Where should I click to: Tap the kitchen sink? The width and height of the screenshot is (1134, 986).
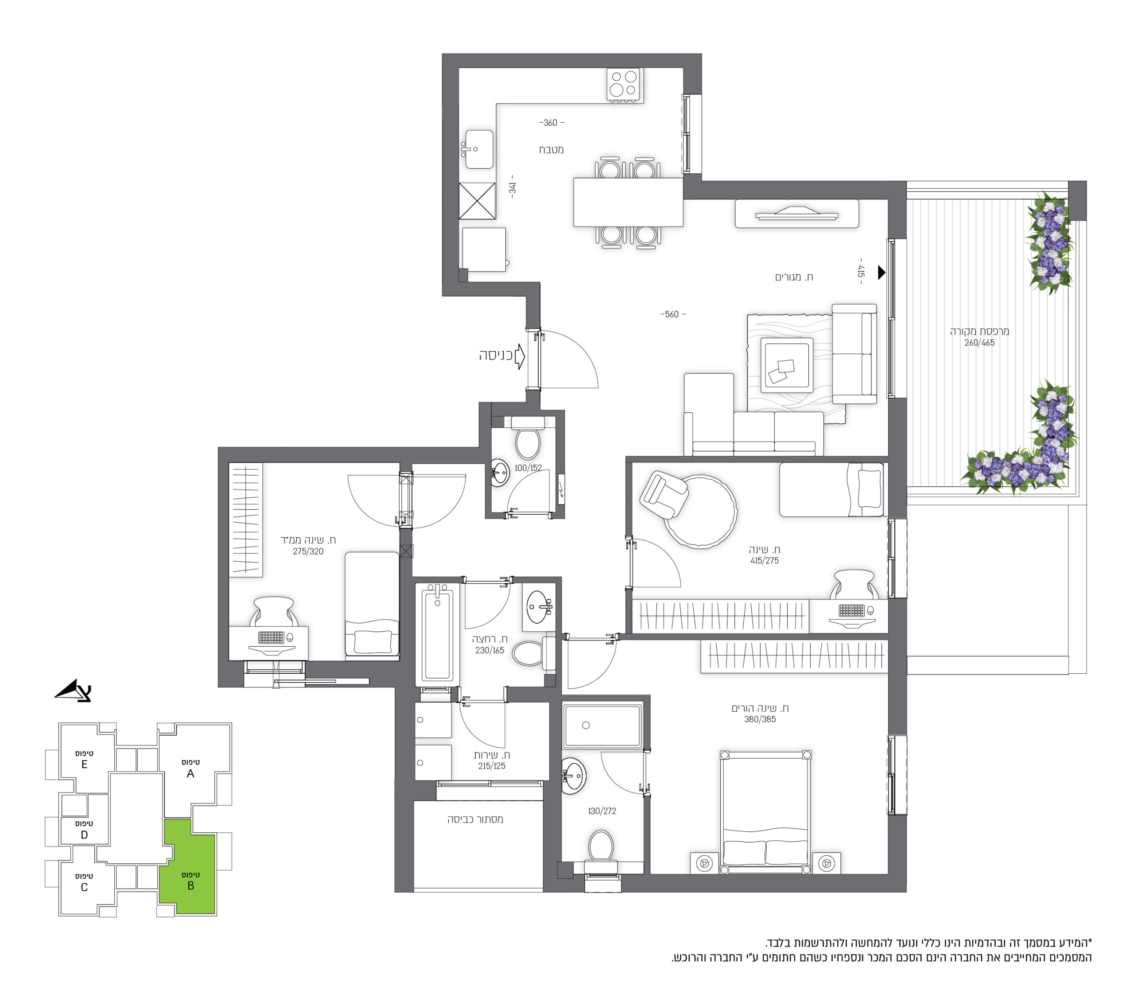479,149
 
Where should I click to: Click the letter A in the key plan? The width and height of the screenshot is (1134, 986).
190,774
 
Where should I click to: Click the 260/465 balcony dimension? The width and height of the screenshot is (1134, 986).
979,343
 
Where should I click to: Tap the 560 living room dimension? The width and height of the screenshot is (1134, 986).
672,314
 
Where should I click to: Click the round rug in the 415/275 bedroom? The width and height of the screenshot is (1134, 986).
699,512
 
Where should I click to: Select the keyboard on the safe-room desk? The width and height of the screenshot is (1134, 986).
271,637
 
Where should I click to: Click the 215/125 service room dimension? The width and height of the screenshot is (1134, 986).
491,766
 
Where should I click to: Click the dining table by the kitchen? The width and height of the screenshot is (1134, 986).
628,202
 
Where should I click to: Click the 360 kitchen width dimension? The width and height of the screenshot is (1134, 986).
551,123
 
